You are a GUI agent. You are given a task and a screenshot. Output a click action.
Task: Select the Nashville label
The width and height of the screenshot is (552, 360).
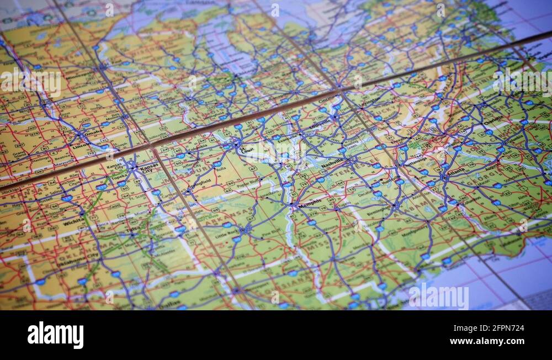pos(332,163)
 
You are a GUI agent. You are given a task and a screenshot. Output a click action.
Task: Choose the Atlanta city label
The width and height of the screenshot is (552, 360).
pos(456,172)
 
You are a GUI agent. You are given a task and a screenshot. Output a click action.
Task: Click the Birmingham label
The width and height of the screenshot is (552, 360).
pos(379,210)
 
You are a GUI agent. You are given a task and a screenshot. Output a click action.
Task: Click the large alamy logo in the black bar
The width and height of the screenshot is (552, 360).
pos(55,335)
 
